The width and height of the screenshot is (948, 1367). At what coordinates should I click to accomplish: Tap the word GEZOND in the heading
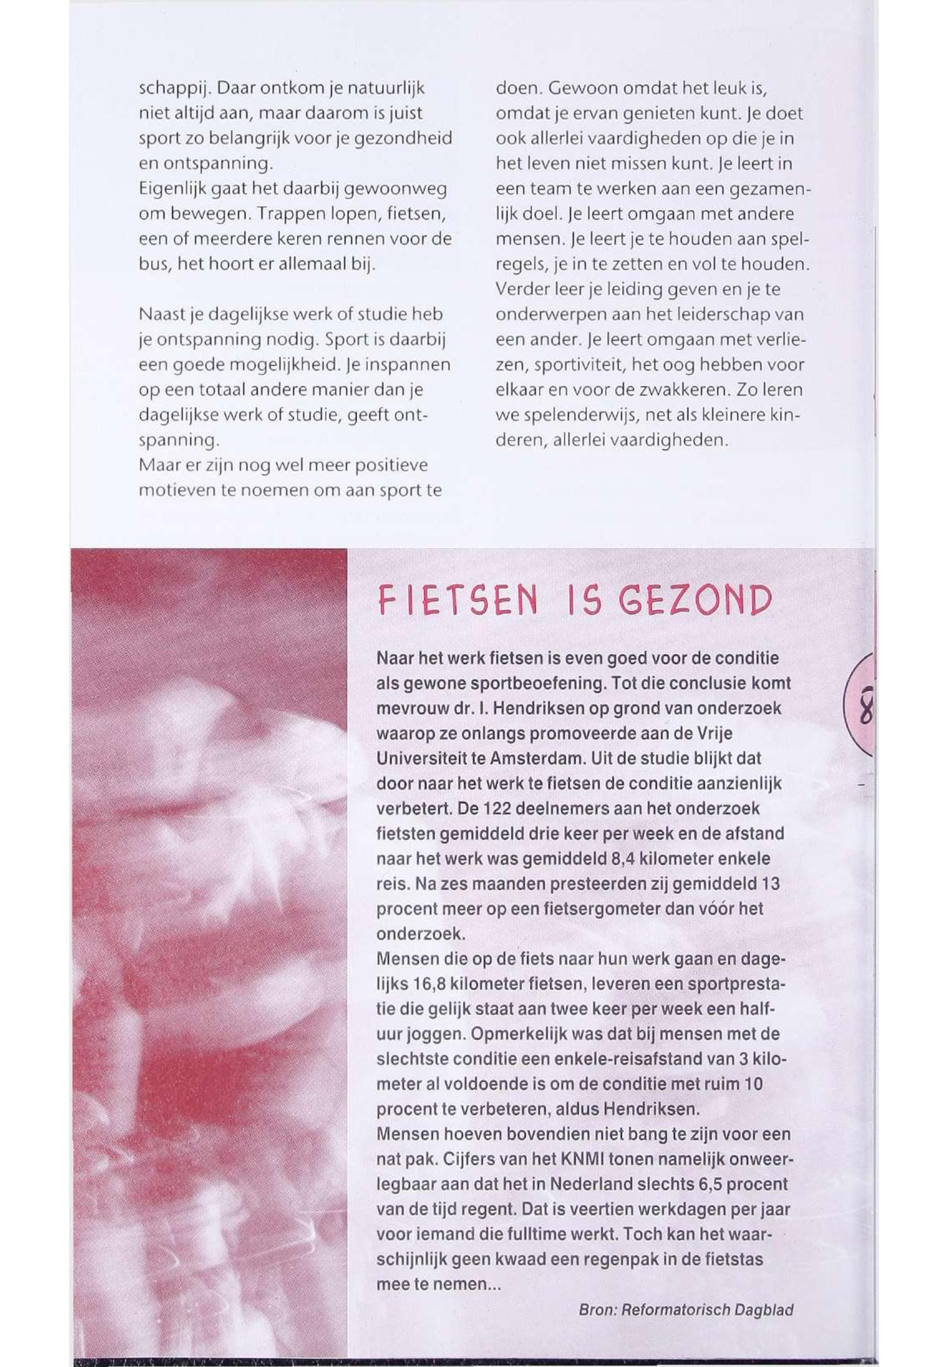696,602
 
